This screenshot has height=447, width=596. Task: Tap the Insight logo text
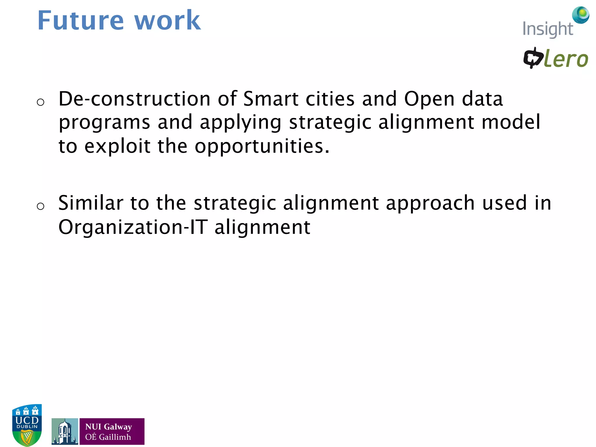[x=547, y=29]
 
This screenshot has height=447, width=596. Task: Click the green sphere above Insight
[x=581, y=15]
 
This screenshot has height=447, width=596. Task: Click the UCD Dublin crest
[x=27, y=425]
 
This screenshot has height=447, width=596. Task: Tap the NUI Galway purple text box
[x=112, y=431]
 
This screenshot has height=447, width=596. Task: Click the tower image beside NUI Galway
[x=65, y=431]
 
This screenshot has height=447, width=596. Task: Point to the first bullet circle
[x=40, y=102]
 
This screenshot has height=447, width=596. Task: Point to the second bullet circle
[x=40, y=206]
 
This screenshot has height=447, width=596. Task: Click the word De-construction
[x=134, y=99]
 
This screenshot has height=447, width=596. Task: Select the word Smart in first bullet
[x=271, y=99]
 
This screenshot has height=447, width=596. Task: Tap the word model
[x=511, y=122]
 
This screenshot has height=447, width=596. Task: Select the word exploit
[x=117, y=146]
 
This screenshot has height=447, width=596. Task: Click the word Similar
[x=91, y=203]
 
